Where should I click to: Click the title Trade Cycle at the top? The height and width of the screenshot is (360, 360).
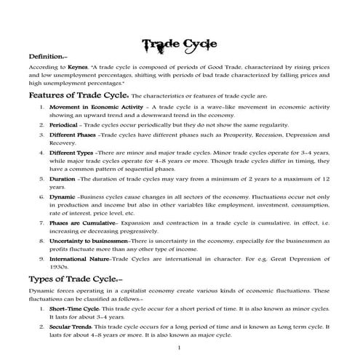(180, 44)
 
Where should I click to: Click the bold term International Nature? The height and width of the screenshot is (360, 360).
(79, 258)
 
